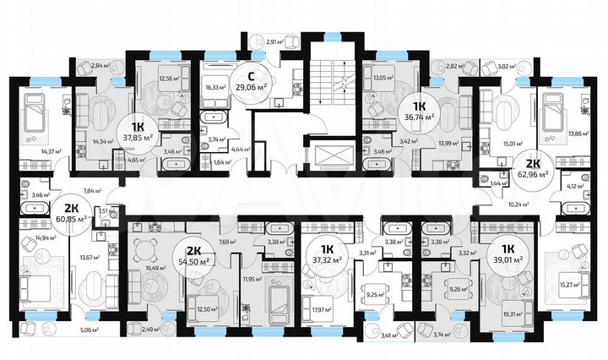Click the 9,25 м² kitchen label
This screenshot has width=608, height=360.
372,296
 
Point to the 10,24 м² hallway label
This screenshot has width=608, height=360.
517,203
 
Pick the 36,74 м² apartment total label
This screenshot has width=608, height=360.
419,118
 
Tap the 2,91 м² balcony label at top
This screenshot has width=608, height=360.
272,41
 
